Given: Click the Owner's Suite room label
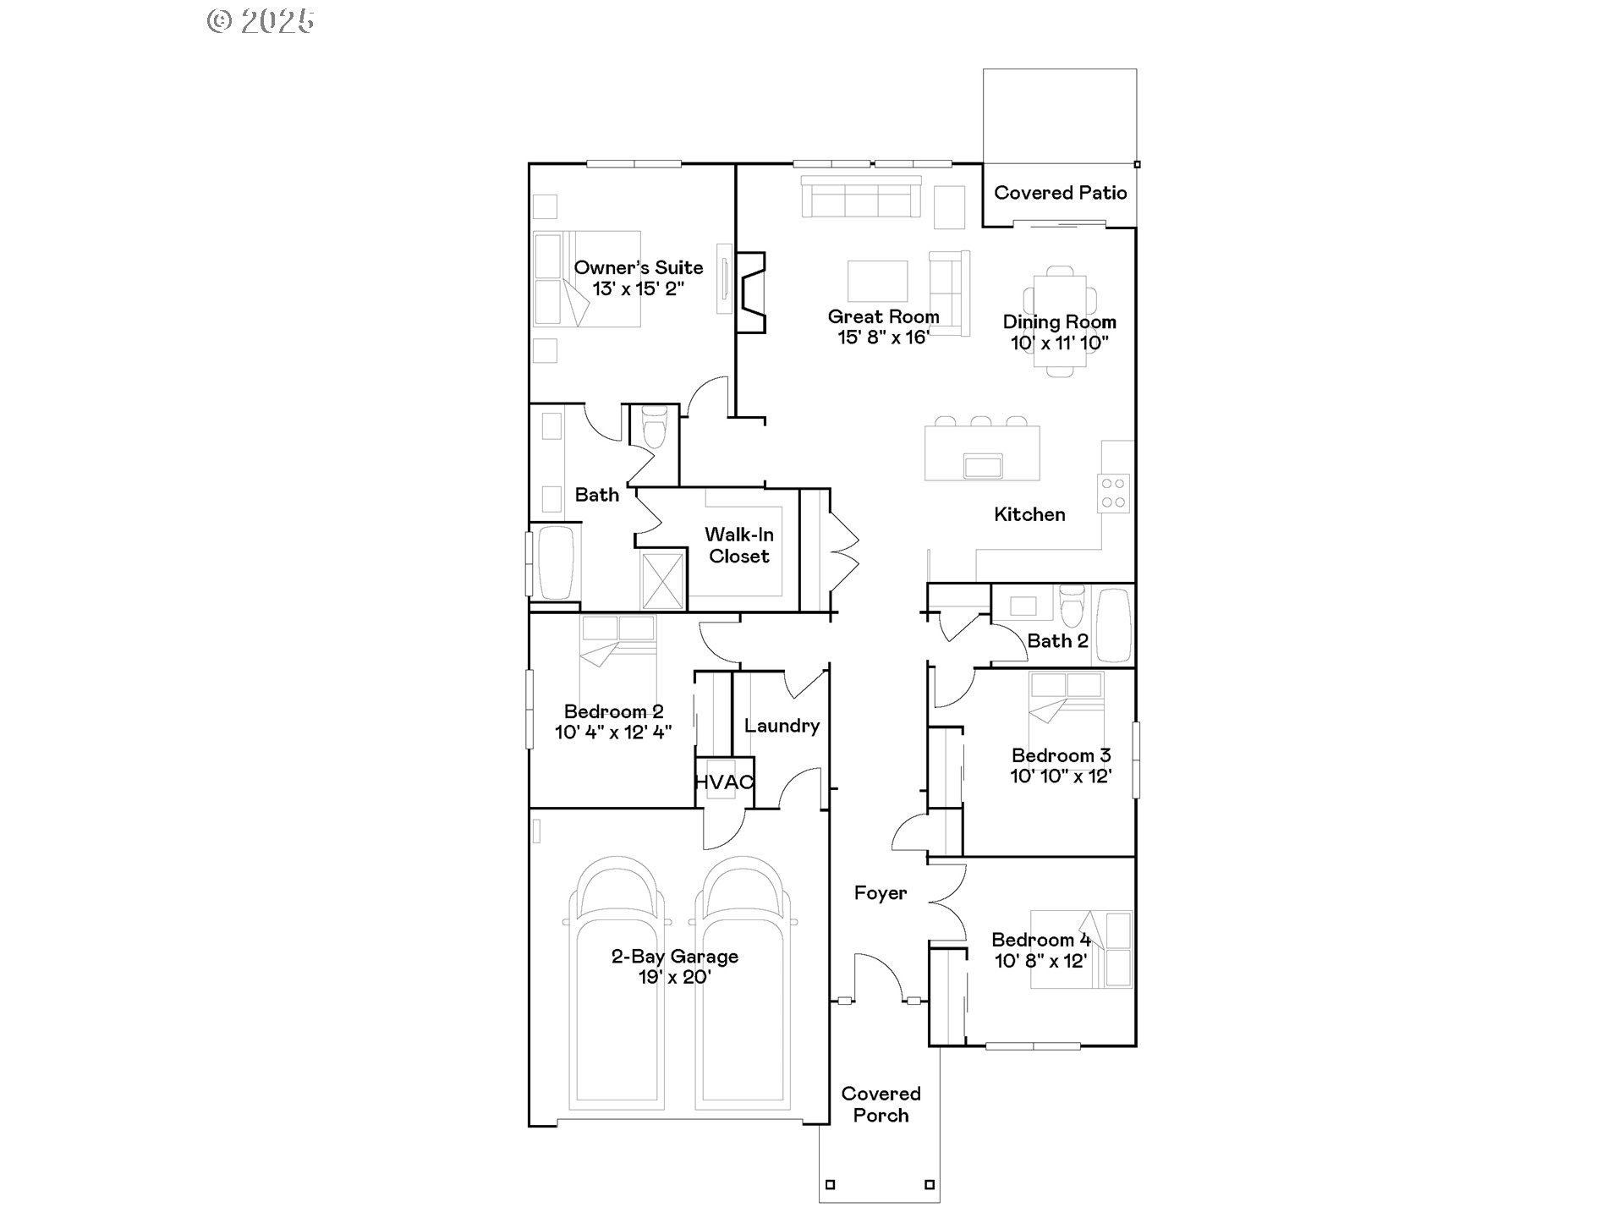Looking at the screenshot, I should pos(638,267).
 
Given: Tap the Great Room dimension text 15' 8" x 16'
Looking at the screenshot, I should pos(883,337).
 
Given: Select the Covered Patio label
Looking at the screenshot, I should pos(1060,193).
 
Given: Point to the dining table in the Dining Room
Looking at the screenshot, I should pos(1060,321).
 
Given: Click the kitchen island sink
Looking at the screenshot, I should pos(983,466).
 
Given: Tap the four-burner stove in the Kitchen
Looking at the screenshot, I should pos(1113,493).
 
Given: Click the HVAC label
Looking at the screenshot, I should pos(723,782).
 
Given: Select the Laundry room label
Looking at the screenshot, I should pos(782,726).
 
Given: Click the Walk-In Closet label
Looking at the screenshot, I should pos(739,546).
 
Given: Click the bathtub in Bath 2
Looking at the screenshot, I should pos(1113,626).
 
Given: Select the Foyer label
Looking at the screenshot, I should pos(880,893).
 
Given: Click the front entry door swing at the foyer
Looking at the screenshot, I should pos(880,977).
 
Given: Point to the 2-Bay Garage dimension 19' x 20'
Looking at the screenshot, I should pos(674,978).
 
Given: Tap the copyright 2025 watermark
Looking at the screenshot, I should pos(261,20).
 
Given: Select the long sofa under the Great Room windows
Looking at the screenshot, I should pos(860,198).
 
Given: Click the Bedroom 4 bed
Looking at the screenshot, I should pos(1080,949).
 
